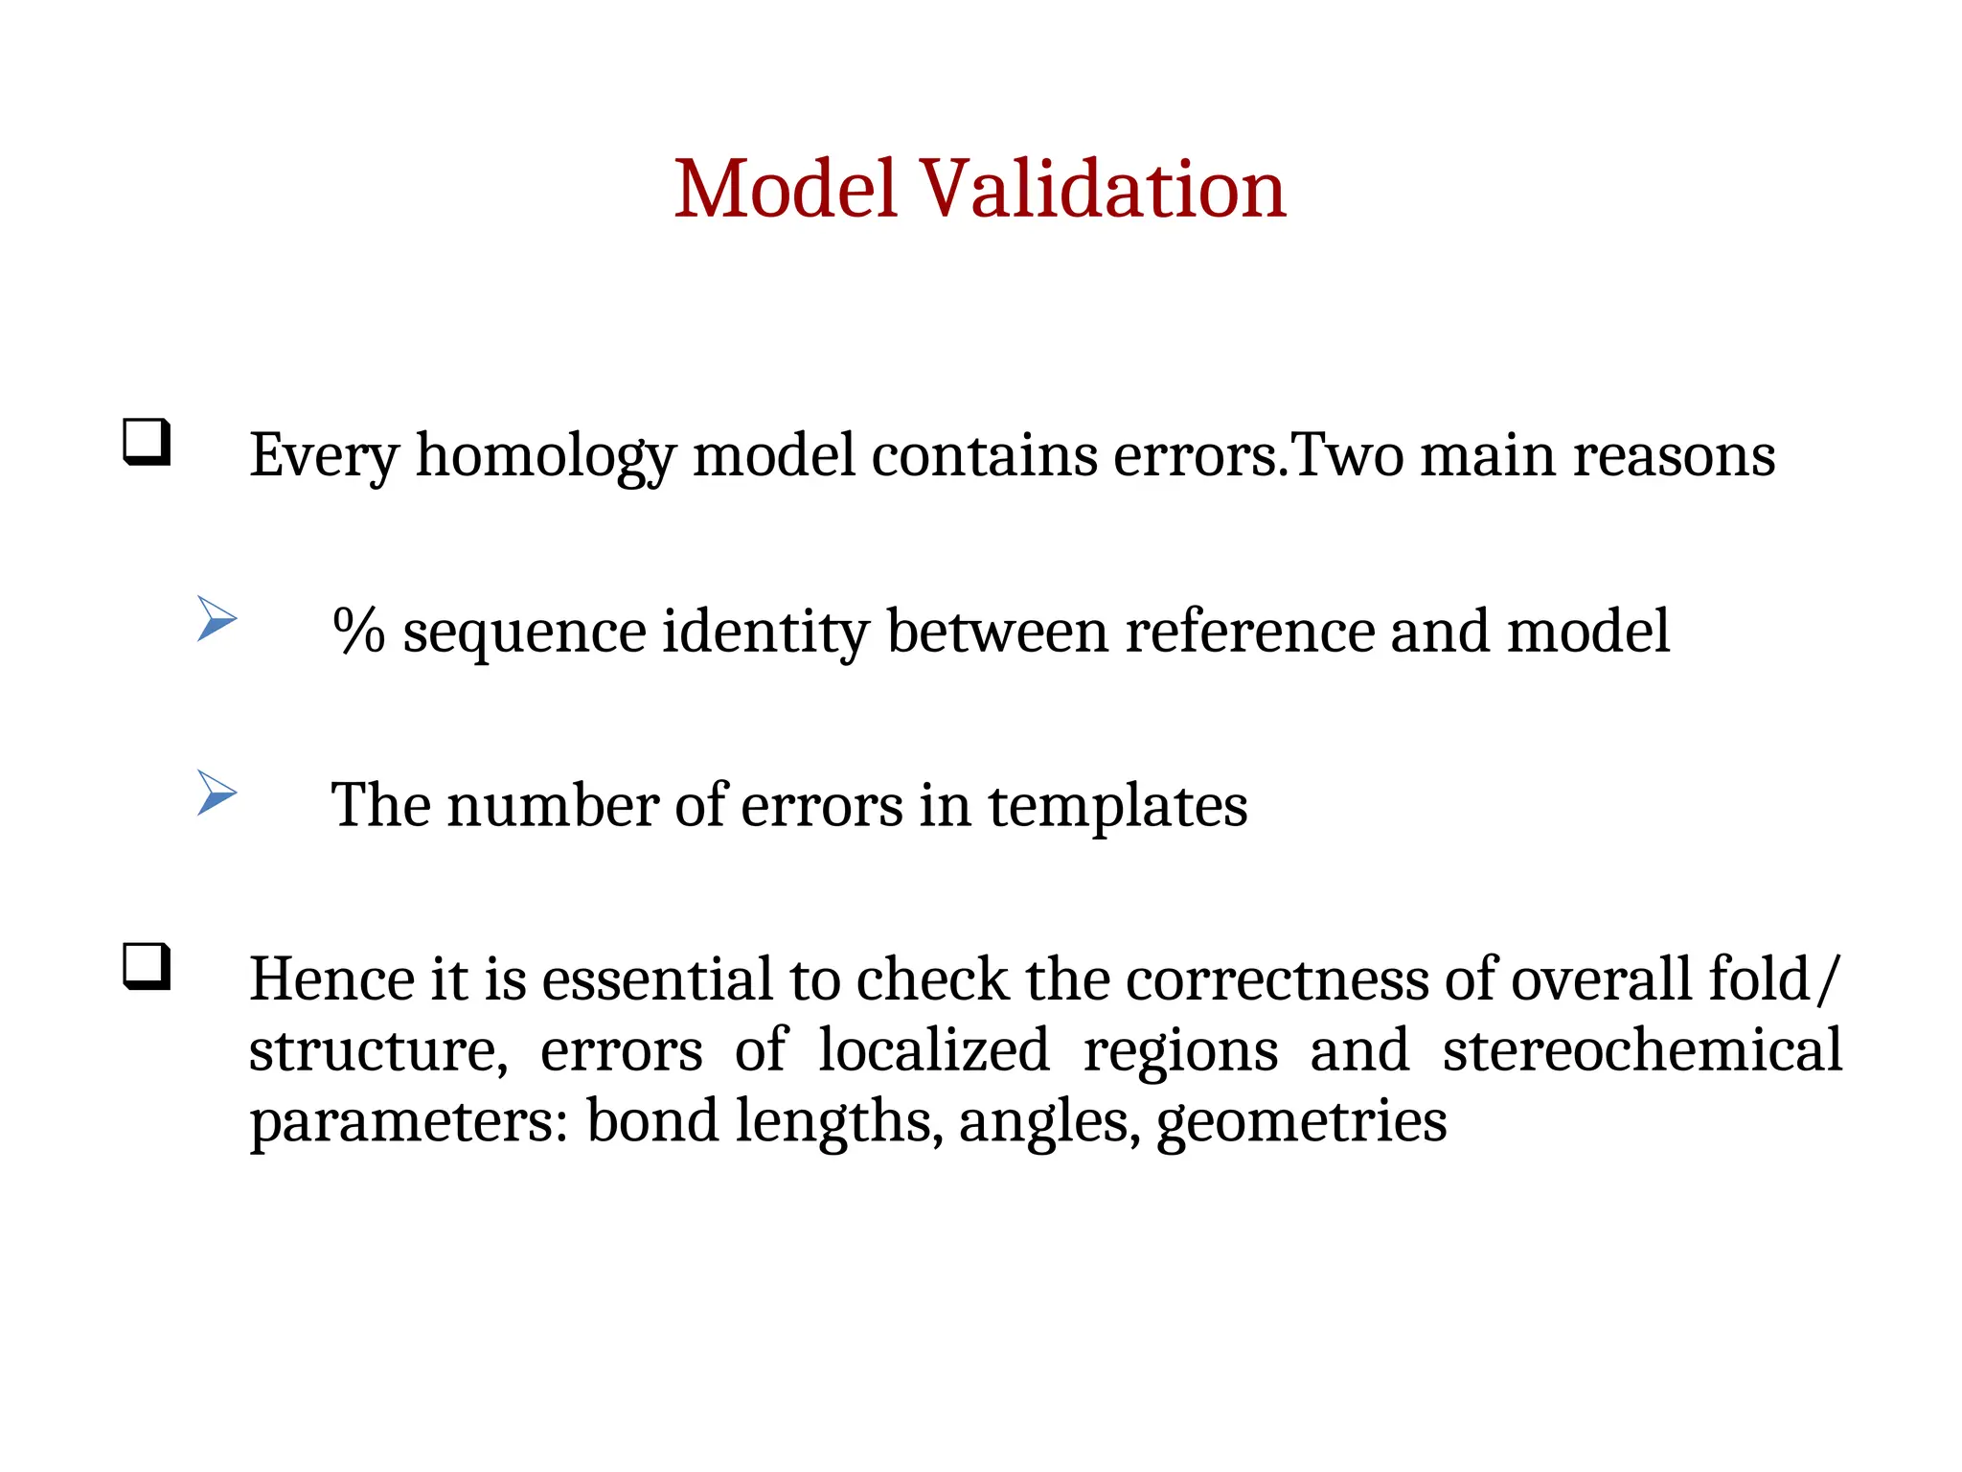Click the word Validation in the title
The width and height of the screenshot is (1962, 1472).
tap(1103, 189)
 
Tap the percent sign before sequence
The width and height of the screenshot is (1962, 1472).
tap(358, 632)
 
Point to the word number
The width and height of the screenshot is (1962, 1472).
tap(552, 805)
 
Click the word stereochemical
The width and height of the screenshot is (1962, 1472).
tap(1641, 1050)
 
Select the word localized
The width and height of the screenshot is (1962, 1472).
tap(934, 1050)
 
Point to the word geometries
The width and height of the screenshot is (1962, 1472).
tap(1301, 1122)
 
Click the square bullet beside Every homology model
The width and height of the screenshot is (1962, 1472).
tap(147, 443)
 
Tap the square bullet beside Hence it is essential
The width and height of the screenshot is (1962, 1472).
tap(147, 966)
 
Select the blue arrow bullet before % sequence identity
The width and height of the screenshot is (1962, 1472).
tap(217, 618)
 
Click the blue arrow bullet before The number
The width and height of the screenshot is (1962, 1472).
tap(217, 793)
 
